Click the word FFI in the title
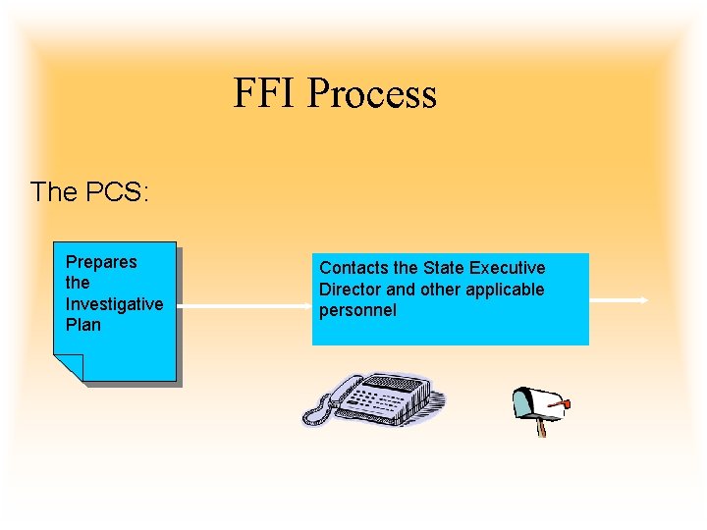point(265,94)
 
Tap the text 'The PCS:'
point(89,191)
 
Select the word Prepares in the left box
point(101,262)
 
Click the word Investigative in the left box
point(114,304)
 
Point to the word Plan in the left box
point(83,325)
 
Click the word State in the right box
point(444,268)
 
